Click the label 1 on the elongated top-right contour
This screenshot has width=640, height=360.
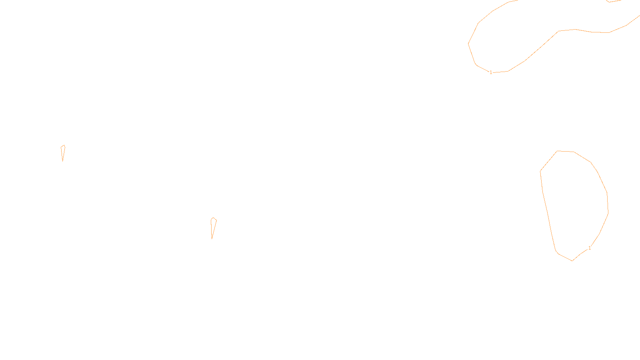pyautogui.click(x=491, y=72)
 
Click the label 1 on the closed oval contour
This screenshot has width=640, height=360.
pyautogui.click(x=590, y=248)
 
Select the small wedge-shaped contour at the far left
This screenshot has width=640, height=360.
pyautogui.click(x=63, y=153)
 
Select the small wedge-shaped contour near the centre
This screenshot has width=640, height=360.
pyautogui.click(x=214, y=228)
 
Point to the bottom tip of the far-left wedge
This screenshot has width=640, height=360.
pyautogui.click(x=62, y=162)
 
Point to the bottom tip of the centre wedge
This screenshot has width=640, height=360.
pyautogui.click(x=212, y=239)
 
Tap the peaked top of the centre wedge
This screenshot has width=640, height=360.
pyautogui.click(x=213, y=218)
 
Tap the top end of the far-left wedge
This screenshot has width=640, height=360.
pyautogui.click(x=64, y=145)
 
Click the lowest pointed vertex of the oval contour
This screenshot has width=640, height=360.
pyautogui.click(x=572, y=261)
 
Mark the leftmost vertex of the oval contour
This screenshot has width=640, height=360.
pyautogui.click(x=540, y=171)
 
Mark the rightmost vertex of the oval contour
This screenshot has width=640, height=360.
pyautogui.click(x=608, y=213)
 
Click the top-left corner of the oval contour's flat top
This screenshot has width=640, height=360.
pyautogui.click(x=557, y=151)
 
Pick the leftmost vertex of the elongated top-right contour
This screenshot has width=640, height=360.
pyautogui.click(x=468, y=44)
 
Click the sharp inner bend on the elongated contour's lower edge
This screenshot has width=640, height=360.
pyautogui.click(x=558, y=31)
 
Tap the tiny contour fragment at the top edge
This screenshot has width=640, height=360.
pyautogui.click(x=613, y=1)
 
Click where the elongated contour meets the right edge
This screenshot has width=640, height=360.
pyautogui.click(x=640, y=16)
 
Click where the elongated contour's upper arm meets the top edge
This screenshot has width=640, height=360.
pyautogui.click(x=518, y=0)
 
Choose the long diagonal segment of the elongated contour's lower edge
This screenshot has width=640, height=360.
pyautogui.click(x=542, y=46)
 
